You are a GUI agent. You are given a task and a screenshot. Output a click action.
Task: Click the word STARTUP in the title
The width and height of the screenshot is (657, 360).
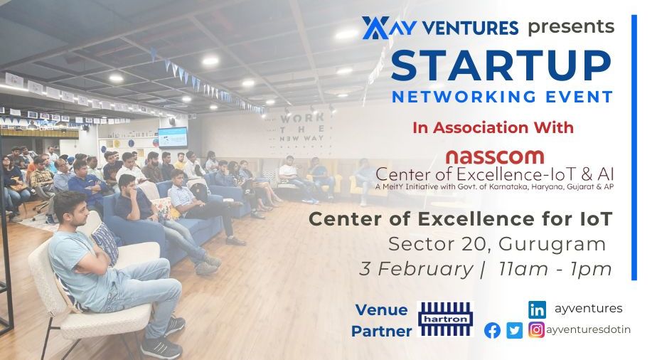pos(501,65)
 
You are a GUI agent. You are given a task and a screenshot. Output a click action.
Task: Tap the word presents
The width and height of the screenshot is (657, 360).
pos(571,27)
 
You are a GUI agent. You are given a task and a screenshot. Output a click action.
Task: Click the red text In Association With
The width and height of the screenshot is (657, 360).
pos(493,128)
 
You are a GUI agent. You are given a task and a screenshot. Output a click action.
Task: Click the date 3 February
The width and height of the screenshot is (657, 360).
pos(416,270)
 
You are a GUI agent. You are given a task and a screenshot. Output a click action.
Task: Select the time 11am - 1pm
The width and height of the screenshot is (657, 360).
pos(555,270)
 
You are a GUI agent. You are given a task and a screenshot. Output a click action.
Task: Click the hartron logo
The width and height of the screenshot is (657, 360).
pos(445,318)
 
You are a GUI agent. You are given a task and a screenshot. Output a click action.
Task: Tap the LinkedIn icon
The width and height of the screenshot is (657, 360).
pos(537,309)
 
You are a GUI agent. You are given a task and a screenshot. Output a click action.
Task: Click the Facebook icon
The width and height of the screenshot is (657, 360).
pos(492,330)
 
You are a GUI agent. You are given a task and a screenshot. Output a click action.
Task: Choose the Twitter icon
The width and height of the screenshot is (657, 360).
pos(514,330)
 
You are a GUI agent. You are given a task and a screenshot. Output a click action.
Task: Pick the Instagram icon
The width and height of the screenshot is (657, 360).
pos(537,330)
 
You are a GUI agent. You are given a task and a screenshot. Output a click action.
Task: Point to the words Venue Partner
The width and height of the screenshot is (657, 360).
pos(382,320)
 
